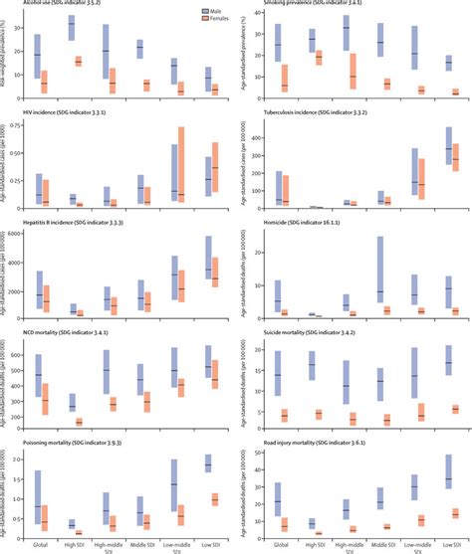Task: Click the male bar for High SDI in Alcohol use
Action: click(x=71, y=29)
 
